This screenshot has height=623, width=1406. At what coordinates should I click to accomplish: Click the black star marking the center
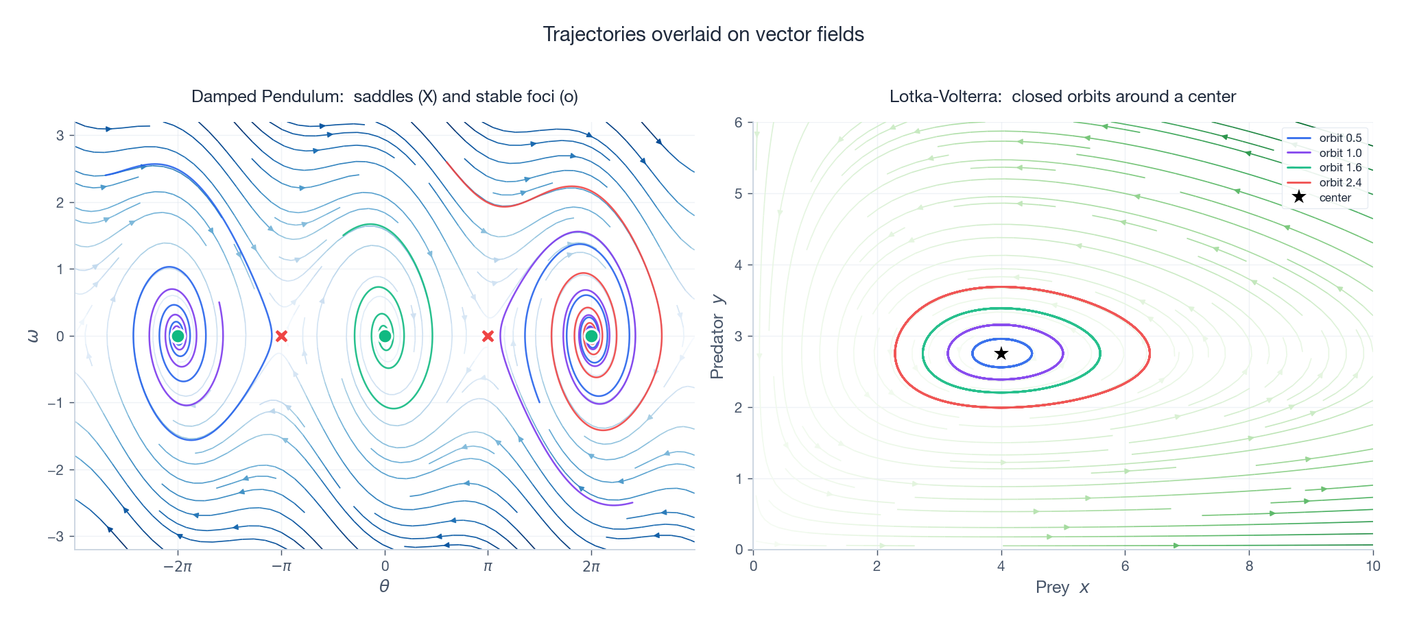(x=1001, y=354)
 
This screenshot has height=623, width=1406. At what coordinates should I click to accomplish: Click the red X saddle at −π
(x=281, y=336)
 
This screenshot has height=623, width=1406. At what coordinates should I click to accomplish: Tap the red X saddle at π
(x=488, y=336)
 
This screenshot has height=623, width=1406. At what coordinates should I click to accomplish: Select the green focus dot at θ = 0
(x=385, y=336)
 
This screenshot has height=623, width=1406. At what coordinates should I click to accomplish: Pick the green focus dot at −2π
(x=178, y=336)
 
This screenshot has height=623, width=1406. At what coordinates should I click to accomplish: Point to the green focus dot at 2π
(x=591, y=336)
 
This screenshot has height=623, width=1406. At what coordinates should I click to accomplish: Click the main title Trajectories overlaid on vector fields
(x=703, y=34)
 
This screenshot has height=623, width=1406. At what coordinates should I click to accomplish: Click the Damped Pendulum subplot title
(x=385, y=97)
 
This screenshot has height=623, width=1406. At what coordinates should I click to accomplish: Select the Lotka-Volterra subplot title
(x=1062, y=97)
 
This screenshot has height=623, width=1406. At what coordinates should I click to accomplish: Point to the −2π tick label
(x=178, y=566)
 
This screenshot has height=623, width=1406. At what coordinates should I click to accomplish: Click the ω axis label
(x=33, y=336)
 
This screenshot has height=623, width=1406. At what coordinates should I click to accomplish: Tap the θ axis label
(x=384, y=587)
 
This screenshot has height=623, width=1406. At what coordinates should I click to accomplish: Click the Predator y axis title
(x=717, y=336)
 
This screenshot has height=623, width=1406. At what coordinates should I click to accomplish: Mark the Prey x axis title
(x=1062, y=587)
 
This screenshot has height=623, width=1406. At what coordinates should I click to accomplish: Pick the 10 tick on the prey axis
(x=1372, y=566)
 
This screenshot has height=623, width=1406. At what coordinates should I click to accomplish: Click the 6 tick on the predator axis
(x=739, y=123)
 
